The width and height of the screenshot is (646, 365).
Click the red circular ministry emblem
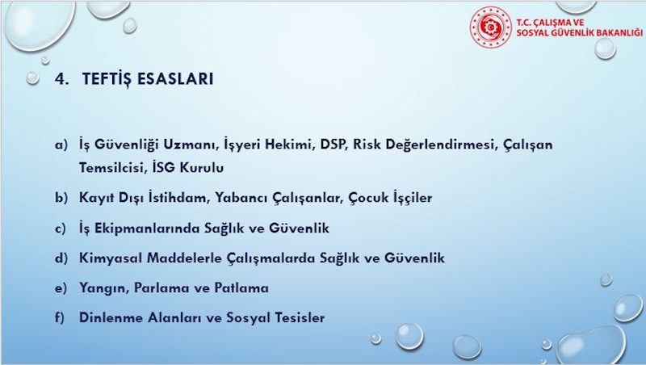tap(491, 27)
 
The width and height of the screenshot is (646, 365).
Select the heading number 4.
tap(61, 78)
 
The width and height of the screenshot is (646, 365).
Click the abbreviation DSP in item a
tap(333, 145)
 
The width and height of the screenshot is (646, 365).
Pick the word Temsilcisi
tap(110, 168)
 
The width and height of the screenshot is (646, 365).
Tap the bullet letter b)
tap(61, 198)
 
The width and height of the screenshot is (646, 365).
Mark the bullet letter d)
tap(61, 258)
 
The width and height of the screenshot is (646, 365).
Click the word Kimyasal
tap(110, 258)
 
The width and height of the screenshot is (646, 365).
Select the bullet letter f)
tap(60, 317)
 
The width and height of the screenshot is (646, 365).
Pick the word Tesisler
tap(300, 317)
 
